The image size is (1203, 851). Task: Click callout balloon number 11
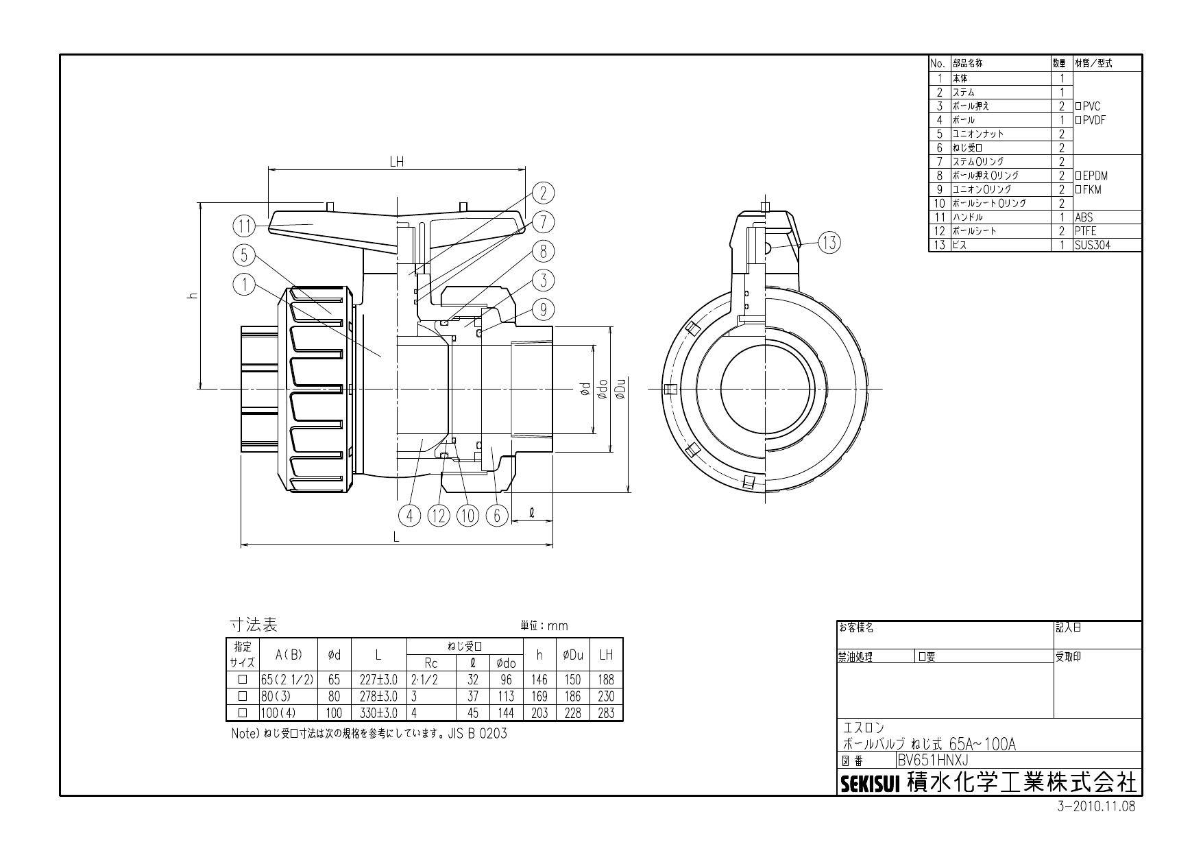[243, 226]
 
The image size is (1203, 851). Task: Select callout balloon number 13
[829, 242]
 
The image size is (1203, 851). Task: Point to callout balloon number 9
[543, 310]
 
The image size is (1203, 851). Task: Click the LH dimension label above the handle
[396, 162]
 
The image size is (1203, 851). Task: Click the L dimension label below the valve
[396, 538]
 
